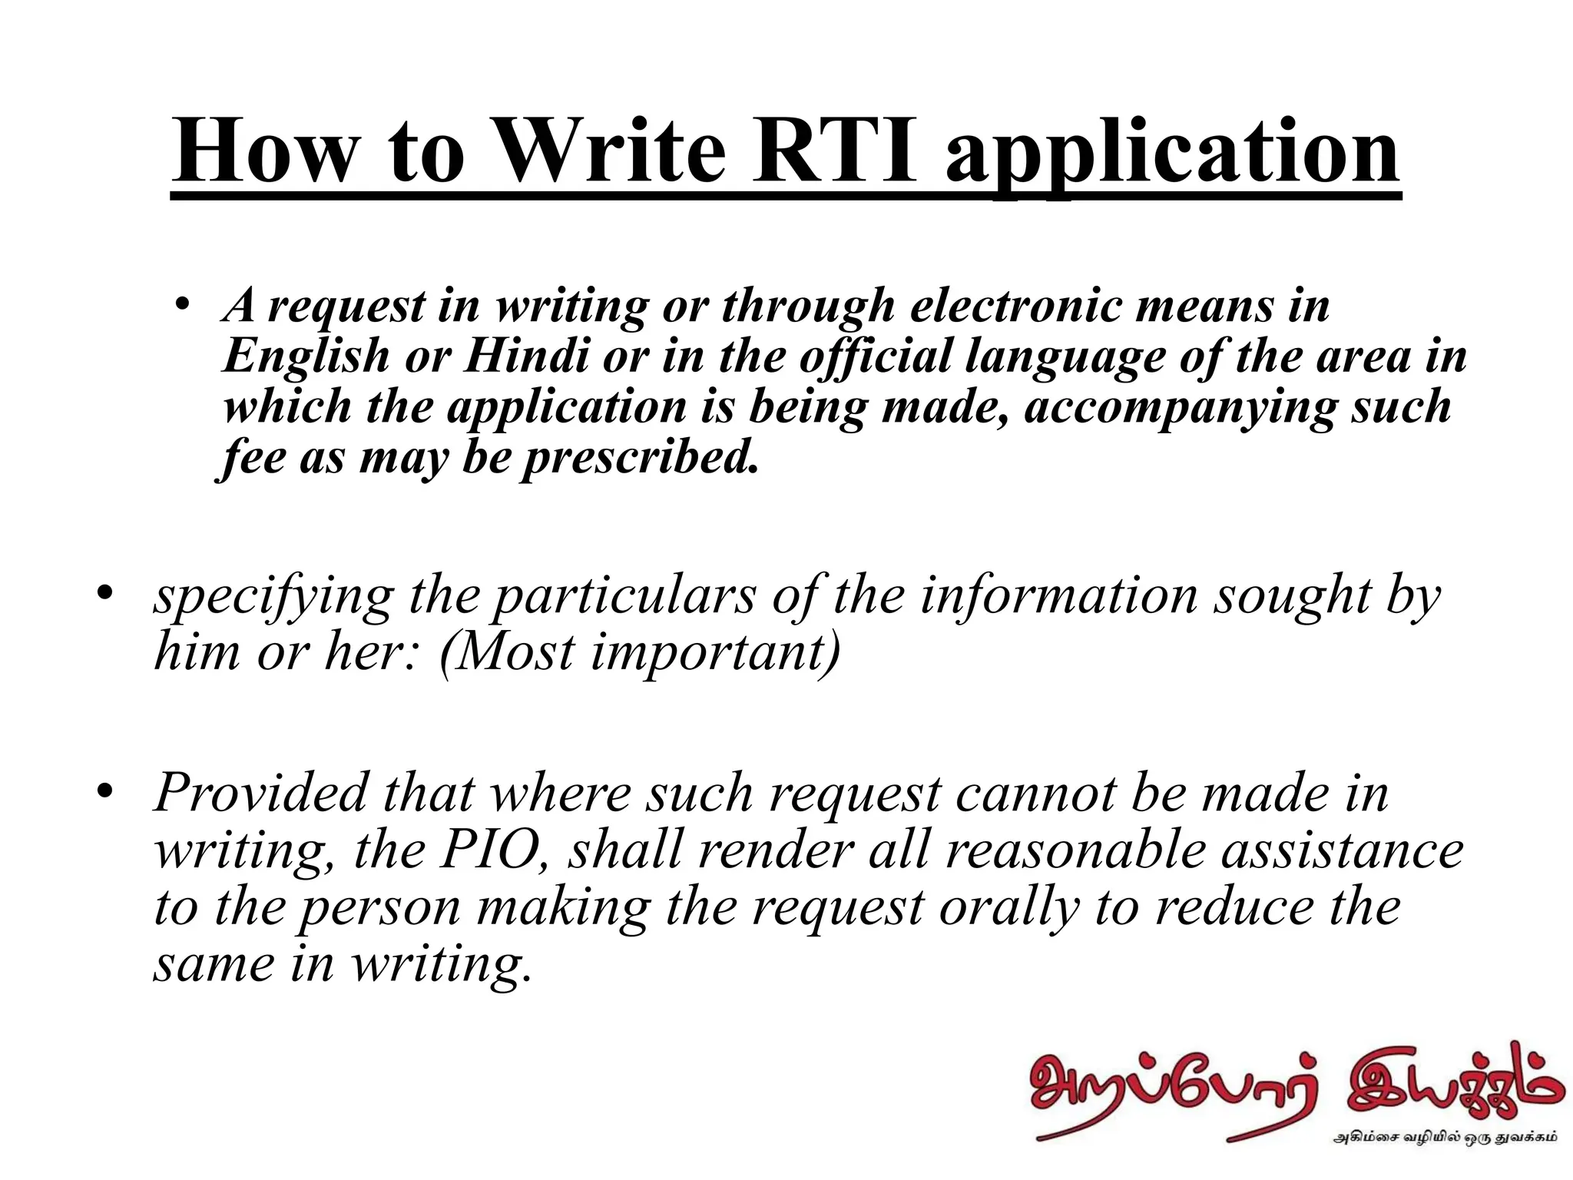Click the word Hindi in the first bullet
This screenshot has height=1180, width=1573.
[x=526, y=356]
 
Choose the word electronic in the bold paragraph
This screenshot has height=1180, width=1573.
[x=1015, y=306]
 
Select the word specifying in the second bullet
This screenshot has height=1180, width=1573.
[x=273, y=597]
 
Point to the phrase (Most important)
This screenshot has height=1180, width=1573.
[x=640, y=652]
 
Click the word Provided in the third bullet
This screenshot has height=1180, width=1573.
[x=260, y=792]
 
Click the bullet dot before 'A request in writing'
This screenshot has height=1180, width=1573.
[x=182, y=306]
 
